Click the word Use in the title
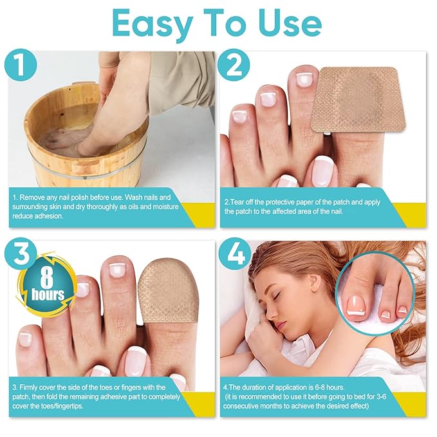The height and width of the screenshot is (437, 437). click(286, 24)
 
